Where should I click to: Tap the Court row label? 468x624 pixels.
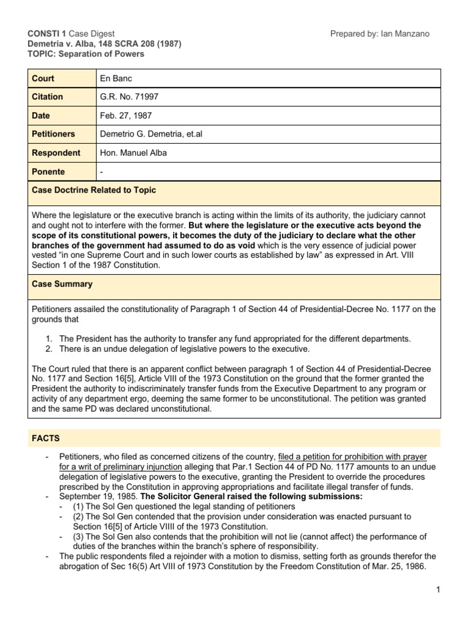43,78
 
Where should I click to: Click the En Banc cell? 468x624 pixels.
116,78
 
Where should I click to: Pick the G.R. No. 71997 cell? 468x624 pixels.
128,96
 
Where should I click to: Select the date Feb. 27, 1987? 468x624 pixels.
126,115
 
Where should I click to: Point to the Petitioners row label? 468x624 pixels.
53,134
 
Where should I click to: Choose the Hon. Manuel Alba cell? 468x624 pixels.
133,153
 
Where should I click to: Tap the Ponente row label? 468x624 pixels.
48,172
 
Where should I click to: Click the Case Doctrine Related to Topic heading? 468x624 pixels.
94,190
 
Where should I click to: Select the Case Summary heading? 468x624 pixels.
62,284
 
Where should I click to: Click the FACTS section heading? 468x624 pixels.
48,438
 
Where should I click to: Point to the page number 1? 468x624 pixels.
438,589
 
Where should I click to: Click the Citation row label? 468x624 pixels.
48,96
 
